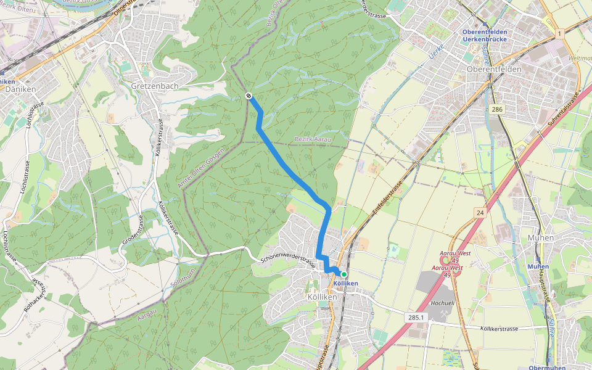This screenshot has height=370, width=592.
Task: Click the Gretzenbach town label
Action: [x=154, y=86]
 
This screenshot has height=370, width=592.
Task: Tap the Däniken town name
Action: [x=20, y=89]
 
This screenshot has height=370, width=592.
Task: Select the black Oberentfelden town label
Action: [x=494, y=69]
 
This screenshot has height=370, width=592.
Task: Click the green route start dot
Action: [x=344, y=274]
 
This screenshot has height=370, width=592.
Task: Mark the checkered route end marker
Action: [x=248, y=96]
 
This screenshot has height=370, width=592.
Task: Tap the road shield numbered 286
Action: [x=497, y=109]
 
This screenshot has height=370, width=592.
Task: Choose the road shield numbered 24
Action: [x=480, y=212]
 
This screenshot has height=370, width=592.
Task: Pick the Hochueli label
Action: [x=442, y=304]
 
